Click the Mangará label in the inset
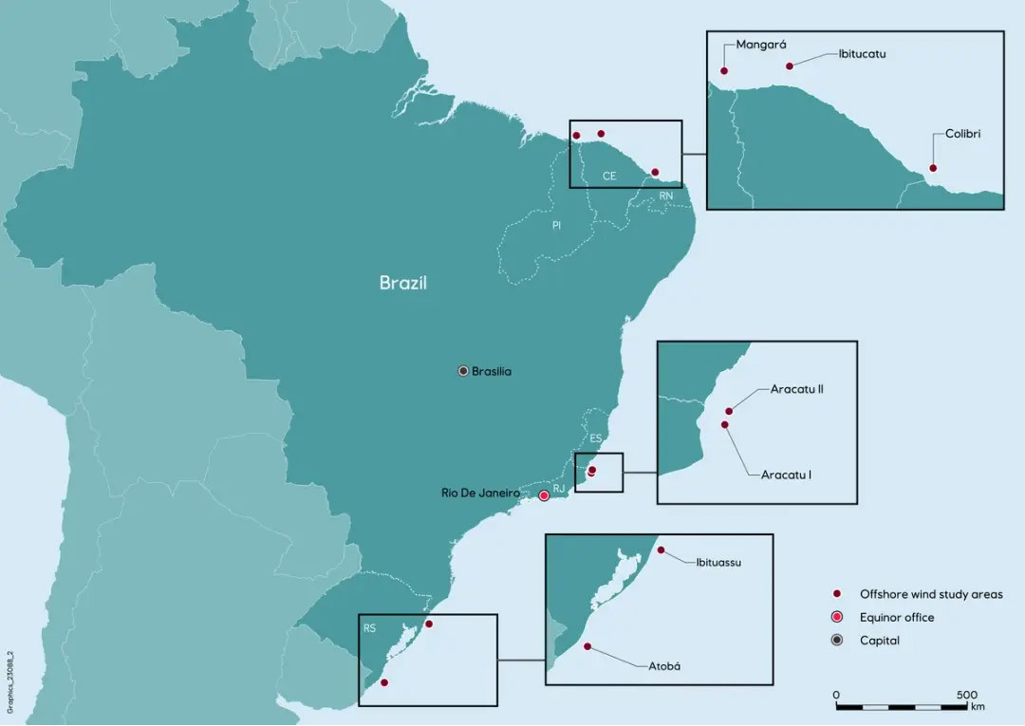[x=762, y=44]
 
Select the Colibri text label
[x=962, y=134]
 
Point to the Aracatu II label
[x=796, y=389]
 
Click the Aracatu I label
[x=786, y=474]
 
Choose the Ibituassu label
[x=718, y=562]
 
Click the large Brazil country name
[x=403, y=283]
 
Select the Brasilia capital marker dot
[x=463, y=370]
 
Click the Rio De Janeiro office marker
[x=544, y=495]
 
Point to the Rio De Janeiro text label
[x=480, y=493]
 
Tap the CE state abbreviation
[x=609, y=177]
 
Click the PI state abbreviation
[x=557, y=226]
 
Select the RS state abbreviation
[x=369, y=628]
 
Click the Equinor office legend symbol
[x=837, y=618]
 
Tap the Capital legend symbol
[x=837, y=641]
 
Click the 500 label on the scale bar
[x=966, y=695]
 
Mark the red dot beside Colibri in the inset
[x=932, y=168]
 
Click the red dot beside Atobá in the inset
[x=587, y=646]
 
